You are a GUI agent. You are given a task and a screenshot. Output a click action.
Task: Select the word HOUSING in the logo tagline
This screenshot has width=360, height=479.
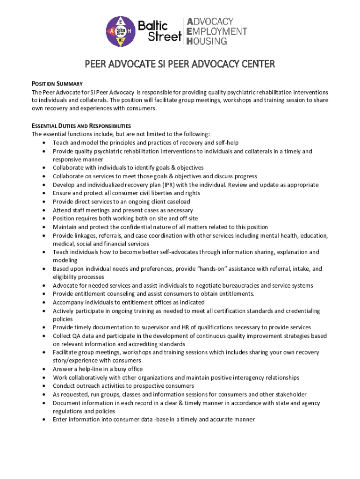(207, 41)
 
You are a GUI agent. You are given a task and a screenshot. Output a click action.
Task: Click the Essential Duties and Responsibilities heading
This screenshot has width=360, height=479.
(81, 126)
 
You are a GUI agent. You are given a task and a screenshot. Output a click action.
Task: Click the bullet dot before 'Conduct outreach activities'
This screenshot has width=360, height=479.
(43, 386)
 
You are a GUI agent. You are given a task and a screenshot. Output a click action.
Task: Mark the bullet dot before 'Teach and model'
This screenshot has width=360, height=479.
(43, 143)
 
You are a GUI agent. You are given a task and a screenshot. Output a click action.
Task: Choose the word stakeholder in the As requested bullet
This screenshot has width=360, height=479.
(287, 394)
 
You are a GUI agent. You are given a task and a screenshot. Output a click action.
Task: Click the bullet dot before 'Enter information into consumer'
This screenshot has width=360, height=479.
(43, 420)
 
